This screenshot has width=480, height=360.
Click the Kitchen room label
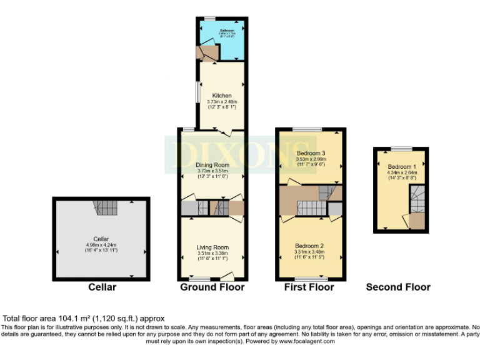click(x=221, y=96)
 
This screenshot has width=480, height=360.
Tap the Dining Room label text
click(x=212, y=165)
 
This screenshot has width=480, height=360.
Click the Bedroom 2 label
click(x=311, y=246)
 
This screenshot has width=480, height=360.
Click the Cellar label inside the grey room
click(x=101, y=238)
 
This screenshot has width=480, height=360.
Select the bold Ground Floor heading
click(x=212, y=287)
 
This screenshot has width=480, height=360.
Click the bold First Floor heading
click(x=309, y=287)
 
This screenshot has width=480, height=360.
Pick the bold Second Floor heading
click(x=398, y=287)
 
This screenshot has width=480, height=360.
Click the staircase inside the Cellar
click(x=102, y=207)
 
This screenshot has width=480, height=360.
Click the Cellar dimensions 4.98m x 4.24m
click(x=101, y=244)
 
